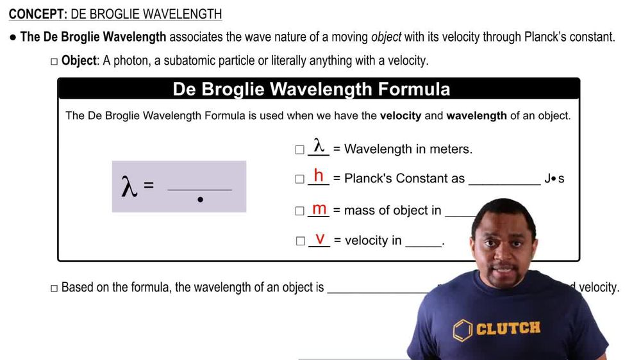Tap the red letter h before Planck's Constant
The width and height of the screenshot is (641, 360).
319,176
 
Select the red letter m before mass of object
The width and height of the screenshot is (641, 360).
319,209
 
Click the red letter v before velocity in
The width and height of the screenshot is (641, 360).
319,239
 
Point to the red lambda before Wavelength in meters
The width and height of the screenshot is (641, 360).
319,145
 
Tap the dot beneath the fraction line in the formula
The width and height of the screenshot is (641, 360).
201,200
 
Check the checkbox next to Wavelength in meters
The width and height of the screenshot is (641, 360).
299,150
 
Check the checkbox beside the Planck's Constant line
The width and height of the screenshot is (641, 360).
299,179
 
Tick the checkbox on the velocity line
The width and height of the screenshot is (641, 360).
299,241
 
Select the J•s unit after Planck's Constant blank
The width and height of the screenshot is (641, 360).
554,179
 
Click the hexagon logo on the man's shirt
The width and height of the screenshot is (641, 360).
462,330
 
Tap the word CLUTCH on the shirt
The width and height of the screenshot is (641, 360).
508,329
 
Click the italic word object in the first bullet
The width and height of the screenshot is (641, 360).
386,37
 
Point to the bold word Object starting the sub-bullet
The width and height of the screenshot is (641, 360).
79,61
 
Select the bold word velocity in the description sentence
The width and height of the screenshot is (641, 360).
401,116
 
